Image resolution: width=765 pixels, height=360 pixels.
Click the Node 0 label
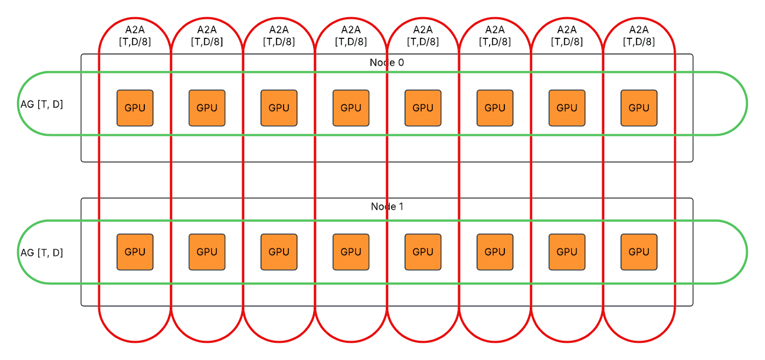pos(387,63)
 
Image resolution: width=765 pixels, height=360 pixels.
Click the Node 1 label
pos(387,207)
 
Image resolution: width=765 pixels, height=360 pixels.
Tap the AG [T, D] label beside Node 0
pos(42,104)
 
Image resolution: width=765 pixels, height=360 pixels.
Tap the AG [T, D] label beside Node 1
pos(42,252)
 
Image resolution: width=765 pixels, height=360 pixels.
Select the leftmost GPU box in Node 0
pos(135,108)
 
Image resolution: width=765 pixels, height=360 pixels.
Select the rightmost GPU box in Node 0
pos(639,108)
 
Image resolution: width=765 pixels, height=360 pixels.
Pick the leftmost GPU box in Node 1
pos(135,252)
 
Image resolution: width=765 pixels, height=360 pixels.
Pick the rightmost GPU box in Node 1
pos(639,252)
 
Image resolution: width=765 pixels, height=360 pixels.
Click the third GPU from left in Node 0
pos(279,108)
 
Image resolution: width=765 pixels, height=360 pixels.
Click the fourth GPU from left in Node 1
pos(351,252)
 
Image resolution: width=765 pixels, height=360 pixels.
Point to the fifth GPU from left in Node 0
pos(423,108)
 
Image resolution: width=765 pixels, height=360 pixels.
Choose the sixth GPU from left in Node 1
pos(495,252)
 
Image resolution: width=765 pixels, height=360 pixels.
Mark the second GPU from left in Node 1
pos(207,252)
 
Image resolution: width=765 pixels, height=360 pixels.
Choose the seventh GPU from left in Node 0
pos(567,108)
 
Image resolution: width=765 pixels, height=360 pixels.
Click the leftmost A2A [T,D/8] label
pos(135,36)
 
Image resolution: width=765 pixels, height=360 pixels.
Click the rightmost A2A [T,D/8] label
pos(639,36)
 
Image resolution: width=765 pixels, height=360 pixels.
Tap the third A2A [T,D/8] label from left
pos(279,36)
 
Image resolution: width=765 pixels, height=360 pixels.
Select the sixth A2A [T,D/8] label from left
pos(495,36)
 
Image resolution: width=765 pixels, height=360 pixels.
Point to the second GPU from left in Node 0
pos(207,108)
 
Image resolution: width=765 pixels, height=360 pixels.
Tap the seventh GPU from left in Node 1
pos(567,252)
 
